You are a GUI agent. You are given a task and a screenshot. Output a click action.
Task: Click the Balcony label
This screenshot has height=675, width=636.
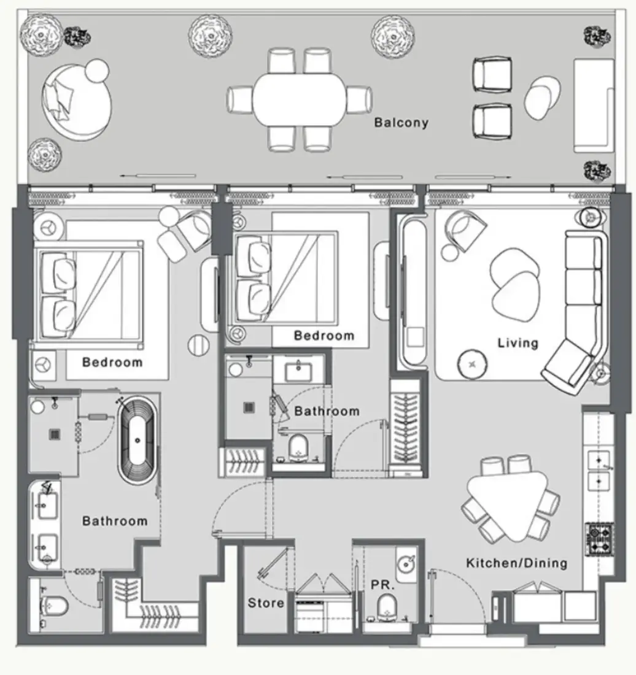(401, 123)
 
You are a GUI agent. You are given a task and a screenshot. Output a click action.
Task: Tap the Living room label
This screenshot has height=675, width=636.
(518, 343)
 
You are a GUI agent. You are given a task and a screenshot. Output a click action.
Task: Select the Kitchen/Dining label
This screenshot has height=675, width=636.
(517, 563)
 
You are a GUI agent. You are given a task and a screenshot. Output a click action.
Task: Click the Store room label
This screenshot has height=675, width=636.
(266, 603)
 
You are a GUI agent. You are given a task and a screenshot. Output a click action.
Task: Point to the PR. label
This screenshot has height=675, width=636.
(383, 585)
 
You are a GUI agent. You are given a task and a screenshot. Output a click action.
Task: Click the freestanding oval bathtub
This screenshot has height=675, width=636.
(138, 441)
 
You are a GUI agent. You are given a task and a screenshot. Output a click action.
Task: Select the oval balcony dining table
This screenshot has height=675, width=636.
(300, 99)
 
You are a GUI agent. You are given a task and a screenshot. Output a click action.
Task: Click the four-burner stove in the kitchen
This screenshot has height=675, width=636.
(599, 539)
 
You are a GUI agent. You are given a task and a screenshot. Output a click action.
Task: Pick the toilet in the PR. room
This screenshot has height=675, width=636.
(386, 607)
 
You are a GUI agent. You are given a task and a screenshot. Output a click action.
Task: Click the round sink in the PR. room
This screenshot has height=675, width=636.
(406, 564)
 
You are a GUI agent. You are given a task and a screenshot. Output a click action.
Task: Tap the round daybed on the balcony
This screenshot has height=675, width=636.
(77, 102)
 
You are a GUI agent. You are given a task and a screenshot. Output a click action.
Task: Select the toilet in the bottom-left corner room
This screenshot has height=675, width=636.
(54, 606)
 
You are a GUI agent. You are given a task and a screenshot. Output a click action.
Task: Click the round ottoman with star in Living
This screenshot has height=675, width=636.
(472, 364)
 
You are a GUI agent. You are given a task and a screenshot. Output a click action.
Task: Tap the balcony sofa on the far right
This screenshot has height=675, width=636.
(594, 106)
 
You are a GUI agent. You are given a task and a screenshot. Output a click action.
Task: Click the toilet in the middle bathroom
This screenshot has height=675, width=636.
(298, 448)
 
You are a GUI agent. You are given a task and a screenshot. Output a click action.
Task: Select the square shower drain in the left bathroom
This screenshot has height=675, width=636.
(55, 434)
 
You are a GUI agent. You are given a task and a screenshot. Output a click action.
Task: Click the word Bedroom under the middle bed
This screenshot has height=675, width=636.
(324, 335)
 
